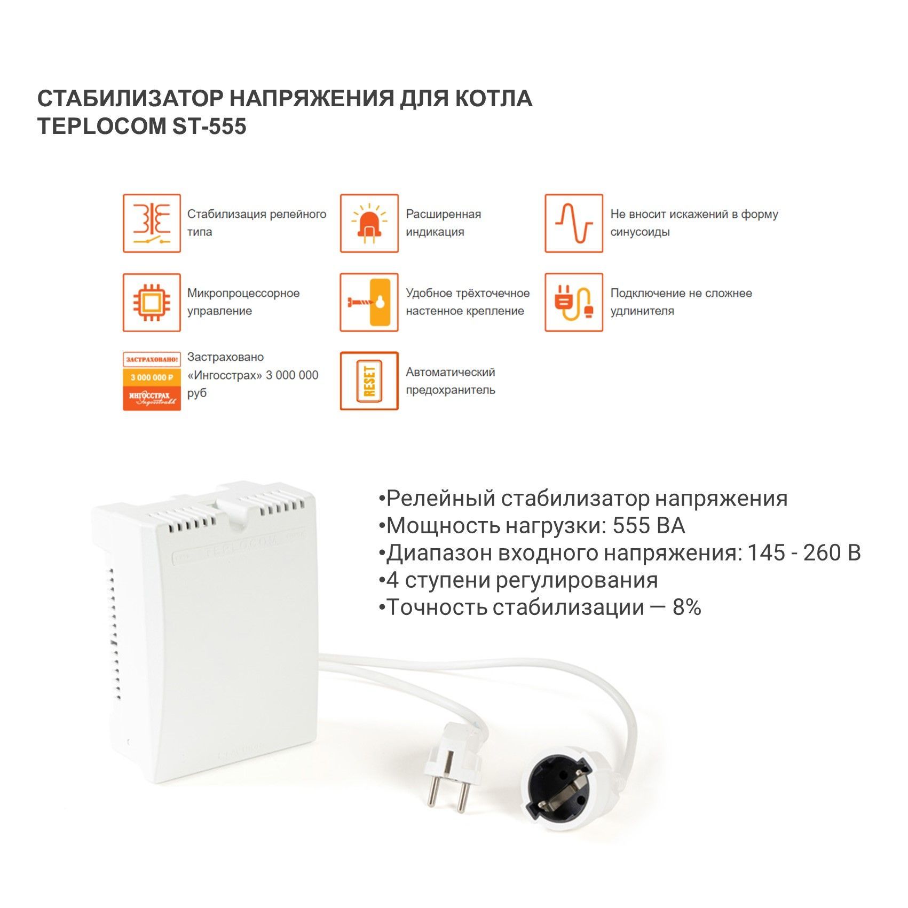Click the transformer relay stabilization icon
coord(152,223)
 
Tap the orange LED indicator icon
coord(369,223)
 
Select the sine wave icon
coord(574,223)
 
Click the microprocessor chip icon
coord(152,302)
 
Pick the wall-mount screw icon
coord(369,302)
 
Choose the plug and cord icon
coord(574,302)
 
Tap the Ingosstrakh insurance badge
coord(152,381)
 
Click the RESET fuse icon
coord(369,381)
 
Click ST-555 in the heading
coord(209,127)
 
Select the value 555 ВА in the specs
coord(649,526)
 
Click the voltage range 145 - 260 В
coord(804,553)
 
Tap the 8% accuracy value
coord(687,607)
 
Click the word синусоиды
coord(640,232)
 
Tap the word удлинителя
coord(642,311)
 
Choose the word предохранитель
coord(451,390)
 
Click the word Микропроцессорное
coord(243,294)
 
